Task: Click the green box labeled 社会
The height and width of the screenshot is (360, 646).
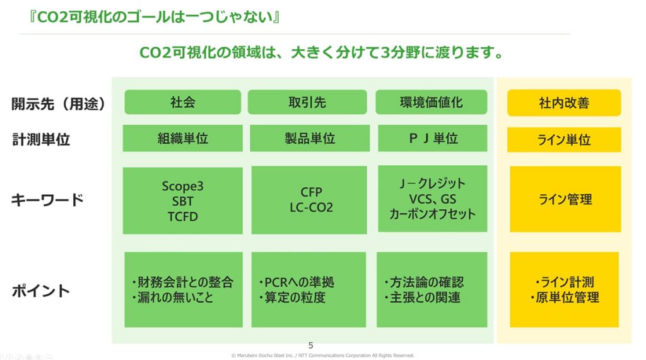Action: click(x=182, y=102)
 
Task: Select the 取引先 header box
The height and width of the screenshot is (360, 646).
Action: click(x=307, y=102)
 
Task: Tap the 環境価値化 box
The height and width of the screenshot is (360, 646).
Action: click(x=432, y=102)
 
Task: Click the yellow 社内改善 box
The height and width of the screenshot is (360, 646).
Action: click(x=564, y=103)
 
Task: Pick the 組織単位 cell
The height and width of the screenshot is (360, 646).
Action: click(x=182, y=139)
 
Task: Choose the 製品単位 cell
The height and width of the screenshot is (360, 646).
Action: click(x=307, y=139)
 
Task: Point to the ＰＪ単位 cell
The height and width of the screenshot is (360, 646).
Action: click(x=432, y=139)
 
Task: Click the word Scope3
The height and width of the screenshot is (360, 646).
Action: click(x=182, y=186)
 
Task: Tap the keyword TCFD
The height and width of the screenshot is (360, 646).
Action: click(x=182, y=217)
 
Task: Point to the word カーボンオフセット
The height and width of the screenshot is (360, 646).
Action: click(x=432, y=214)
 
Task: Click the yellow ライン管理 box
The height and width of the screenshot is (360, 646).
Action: click(x=565, y=200)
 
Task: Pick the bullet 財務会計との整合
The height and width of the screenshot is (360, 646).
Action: click(x=182, y=282)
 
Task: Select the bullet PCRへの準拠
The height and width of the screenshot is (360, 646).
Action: click(x=297, y=282)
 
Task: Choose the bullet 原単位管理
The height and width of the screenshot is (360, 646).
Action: click(x=565, y=298)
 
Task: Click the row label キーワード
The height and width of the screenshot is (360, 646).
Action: click(x=47, y=200)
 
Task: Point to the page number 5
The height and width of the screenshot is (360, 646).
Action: click(x=310, y=345)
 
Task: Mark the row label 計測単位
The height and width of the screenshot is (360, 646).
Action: click(x=40, y=139)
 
